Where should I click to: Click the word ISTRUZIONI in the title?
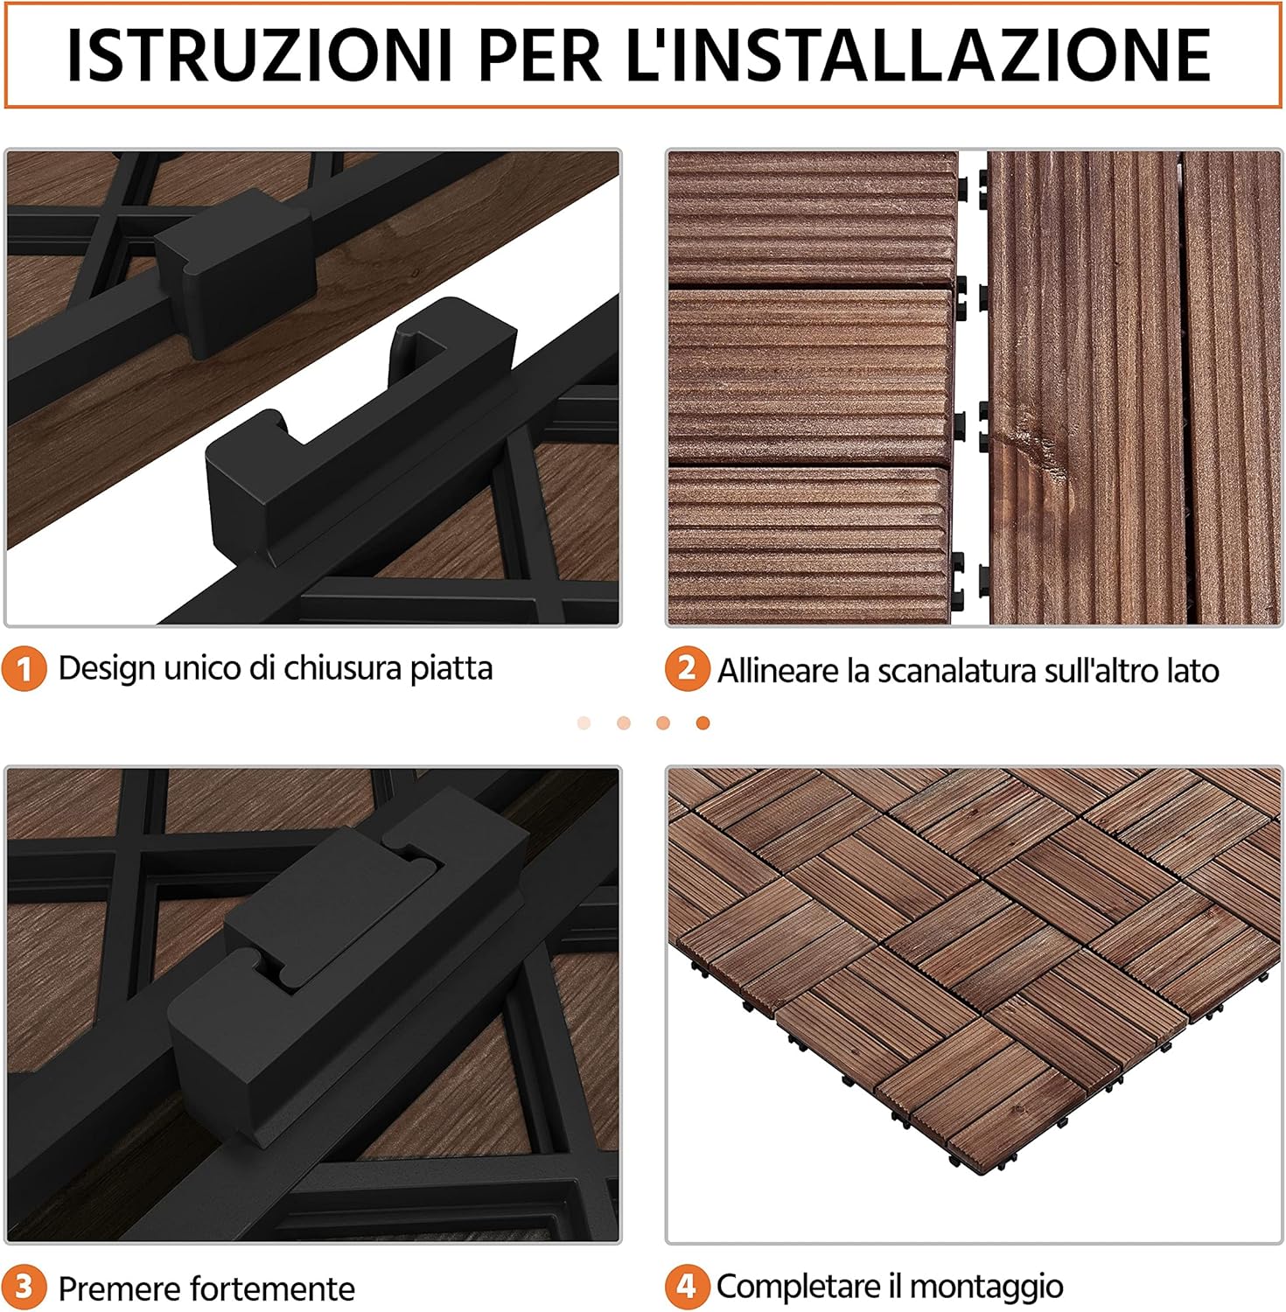[259, 56]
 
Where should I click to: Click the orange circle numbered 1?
[24, 669]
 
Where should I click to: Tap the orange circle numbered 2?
[687, 669]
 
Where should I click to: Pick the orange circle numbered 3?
[24, 1288]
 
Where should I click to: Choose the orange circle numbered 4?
[687, 1287]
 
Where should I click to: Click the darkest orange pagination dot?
[702, 722]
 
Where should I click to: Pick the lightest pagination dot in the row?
[584, 722]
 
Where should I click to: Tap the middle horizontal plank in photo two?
[809, 376]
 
